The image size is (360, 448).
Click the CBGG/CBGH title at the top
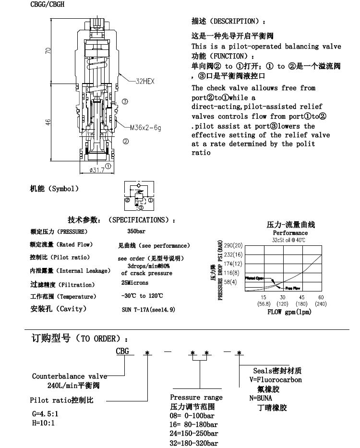(48, 4)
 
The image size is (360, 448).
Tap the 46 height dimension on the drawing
(48, 123)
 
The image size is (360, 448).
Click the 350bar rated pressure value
(130, 231)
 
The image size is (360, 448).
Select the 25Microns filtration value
(134, 283)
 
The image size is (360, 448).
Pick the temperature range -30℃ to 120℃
(142, 296)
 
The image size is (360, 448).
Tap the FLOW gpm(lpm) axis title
(289, 312)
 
